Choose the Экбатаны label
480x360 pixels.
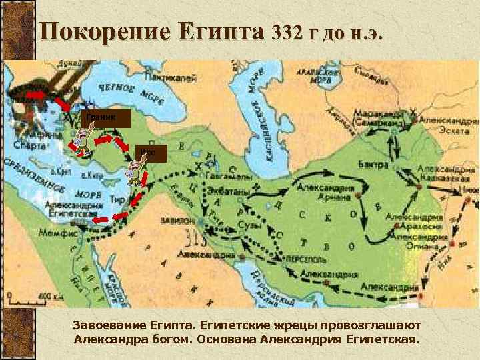(x=231, y=191)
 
